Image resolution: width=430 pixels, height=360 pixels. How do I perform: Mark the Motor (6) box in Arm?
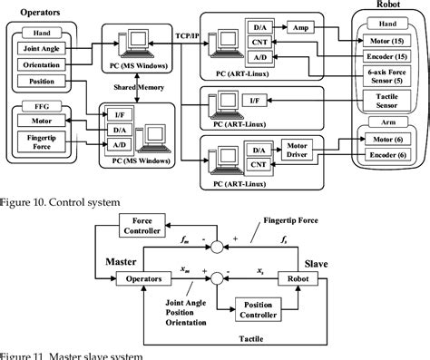[x=386, y=140]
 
